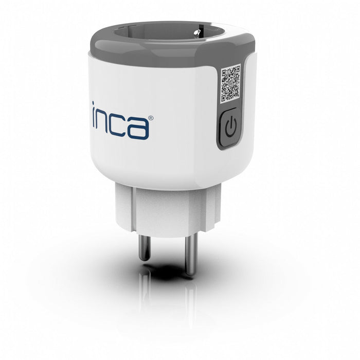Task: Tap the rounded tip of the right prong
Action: [190, 273]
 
